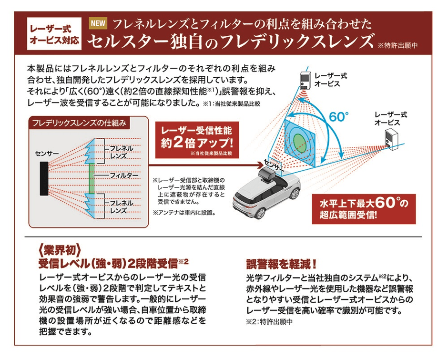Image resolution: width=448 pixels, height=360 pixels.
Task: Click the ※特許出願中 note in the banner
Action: click(397, 46)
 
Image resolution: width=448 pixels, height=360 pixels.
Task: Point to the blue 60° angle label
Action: click(339, 116)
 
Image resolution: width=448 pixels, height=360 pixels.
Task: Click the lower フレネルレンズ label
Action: click(118, 206)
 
